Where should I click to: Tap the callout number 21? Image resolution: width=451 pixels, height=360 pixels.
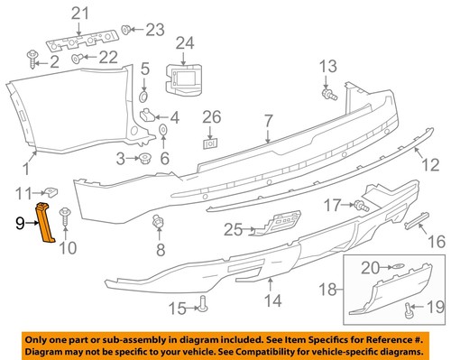[81, 12]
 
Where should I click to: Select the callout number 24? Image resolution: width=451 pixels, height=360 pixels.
[185, 42]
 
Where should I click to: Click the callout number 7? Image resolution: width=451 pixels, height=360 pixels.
[267, 120]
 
